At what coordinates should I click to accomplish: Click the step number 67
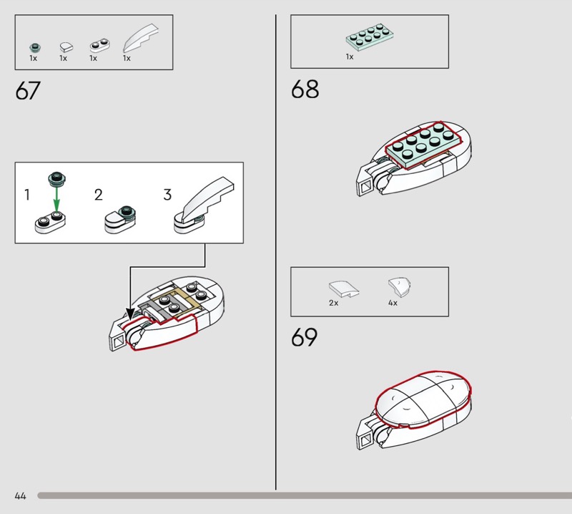[28, 92]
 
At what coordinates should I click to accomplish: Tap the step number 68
[305, 90]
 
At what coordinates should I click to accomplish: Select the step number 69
[305, 338]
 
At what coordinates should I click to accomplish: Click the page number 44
[20, 495]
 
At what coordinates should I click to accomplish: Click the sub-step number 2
[99, 195]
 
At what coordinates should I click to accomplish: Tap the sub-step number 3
[167, 195]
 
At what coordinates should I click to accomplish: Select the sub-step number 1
[27, 195]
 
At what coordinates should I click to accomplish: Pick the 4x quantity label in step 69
[393, 303]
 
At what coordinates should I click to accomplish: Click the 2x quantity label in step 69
[334, 303]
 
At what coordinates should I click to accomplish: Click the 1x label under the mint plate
[350, 57]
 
